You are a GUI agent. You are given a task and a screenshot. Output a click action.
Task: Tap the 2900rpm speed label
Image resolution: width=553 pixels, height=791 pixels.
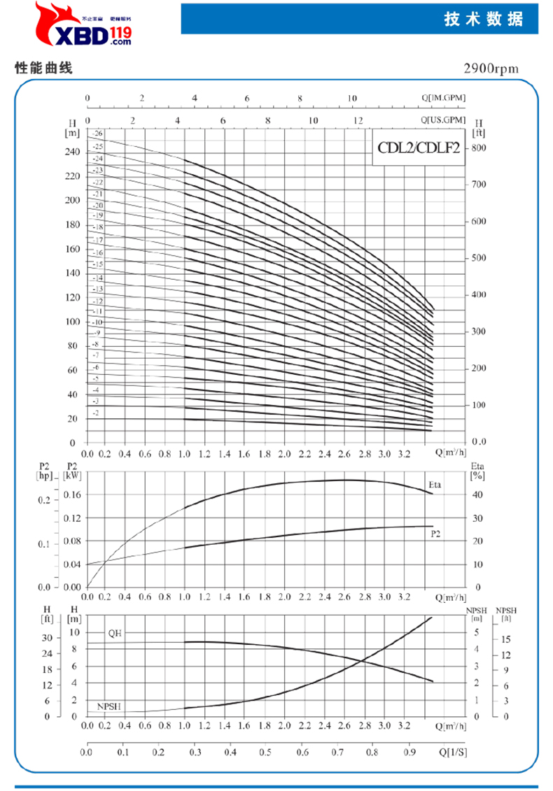pos(491,69)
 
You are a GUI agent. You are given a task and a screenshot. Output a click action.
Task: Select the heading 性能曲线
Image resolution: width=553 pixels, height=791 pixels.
pos(43,69)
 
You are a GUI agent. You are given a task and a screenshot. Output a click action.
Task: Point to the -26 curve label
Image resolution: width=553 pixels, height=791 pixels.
pos(97,133)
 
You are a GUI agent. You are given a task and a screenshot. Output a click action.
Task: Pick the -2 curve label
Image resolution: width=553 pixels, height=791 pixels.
pos(96,413)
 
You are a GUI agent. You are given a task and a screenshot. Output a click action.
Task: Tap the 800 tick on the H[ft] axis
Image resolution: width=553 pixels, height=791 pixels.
pos(479,148)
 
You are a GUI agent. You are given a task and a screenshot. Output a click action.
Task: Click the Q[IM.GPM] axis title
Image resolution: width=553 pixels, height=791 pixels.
pos(444,98)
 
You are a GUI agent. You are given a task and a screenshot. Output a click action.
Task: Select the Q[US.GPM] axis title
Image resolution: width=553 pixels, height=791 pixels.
pos(443,120)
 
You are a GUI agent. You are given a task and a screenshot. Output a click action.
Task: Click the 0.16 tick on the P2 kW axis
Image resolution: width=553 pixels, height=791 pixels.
pos(73,494)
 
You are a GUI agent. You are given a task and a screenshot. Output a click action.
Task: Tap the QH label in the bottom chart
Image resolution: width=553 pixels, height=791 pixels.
pos(115,632)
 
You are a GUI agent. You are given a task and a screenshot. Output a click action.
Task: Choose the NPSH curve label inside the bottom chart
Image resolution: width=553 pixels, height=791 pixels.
pos(108,706)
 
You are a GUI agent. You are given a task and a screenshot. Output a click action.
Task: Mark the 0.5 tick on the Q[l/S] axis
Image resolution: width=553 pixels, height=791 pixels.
pos(265,753)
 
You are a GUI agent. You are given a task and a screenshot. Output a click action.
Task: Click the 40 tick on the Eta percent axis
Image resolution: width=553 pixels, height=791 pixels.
pos(478,494)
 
